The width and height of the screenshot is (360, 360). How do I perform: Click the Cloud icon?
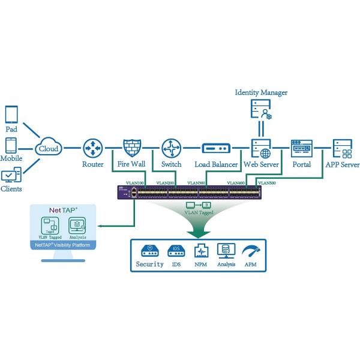point(47,146)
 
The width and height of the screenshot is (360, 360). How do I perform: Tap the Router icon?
point(94,147)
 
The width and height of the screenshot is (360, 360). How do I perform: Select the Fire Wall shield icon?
point(131,147)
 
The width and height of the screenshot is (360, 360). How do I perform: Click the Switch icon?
point(171,147)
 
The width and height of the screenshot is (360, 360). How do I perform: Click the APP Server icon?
point(342,147)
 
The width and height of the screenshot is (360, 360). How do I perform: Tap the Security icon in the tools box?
point(149,251)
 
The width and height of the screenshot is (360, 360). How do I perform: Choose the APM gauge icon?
point(250,250)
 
